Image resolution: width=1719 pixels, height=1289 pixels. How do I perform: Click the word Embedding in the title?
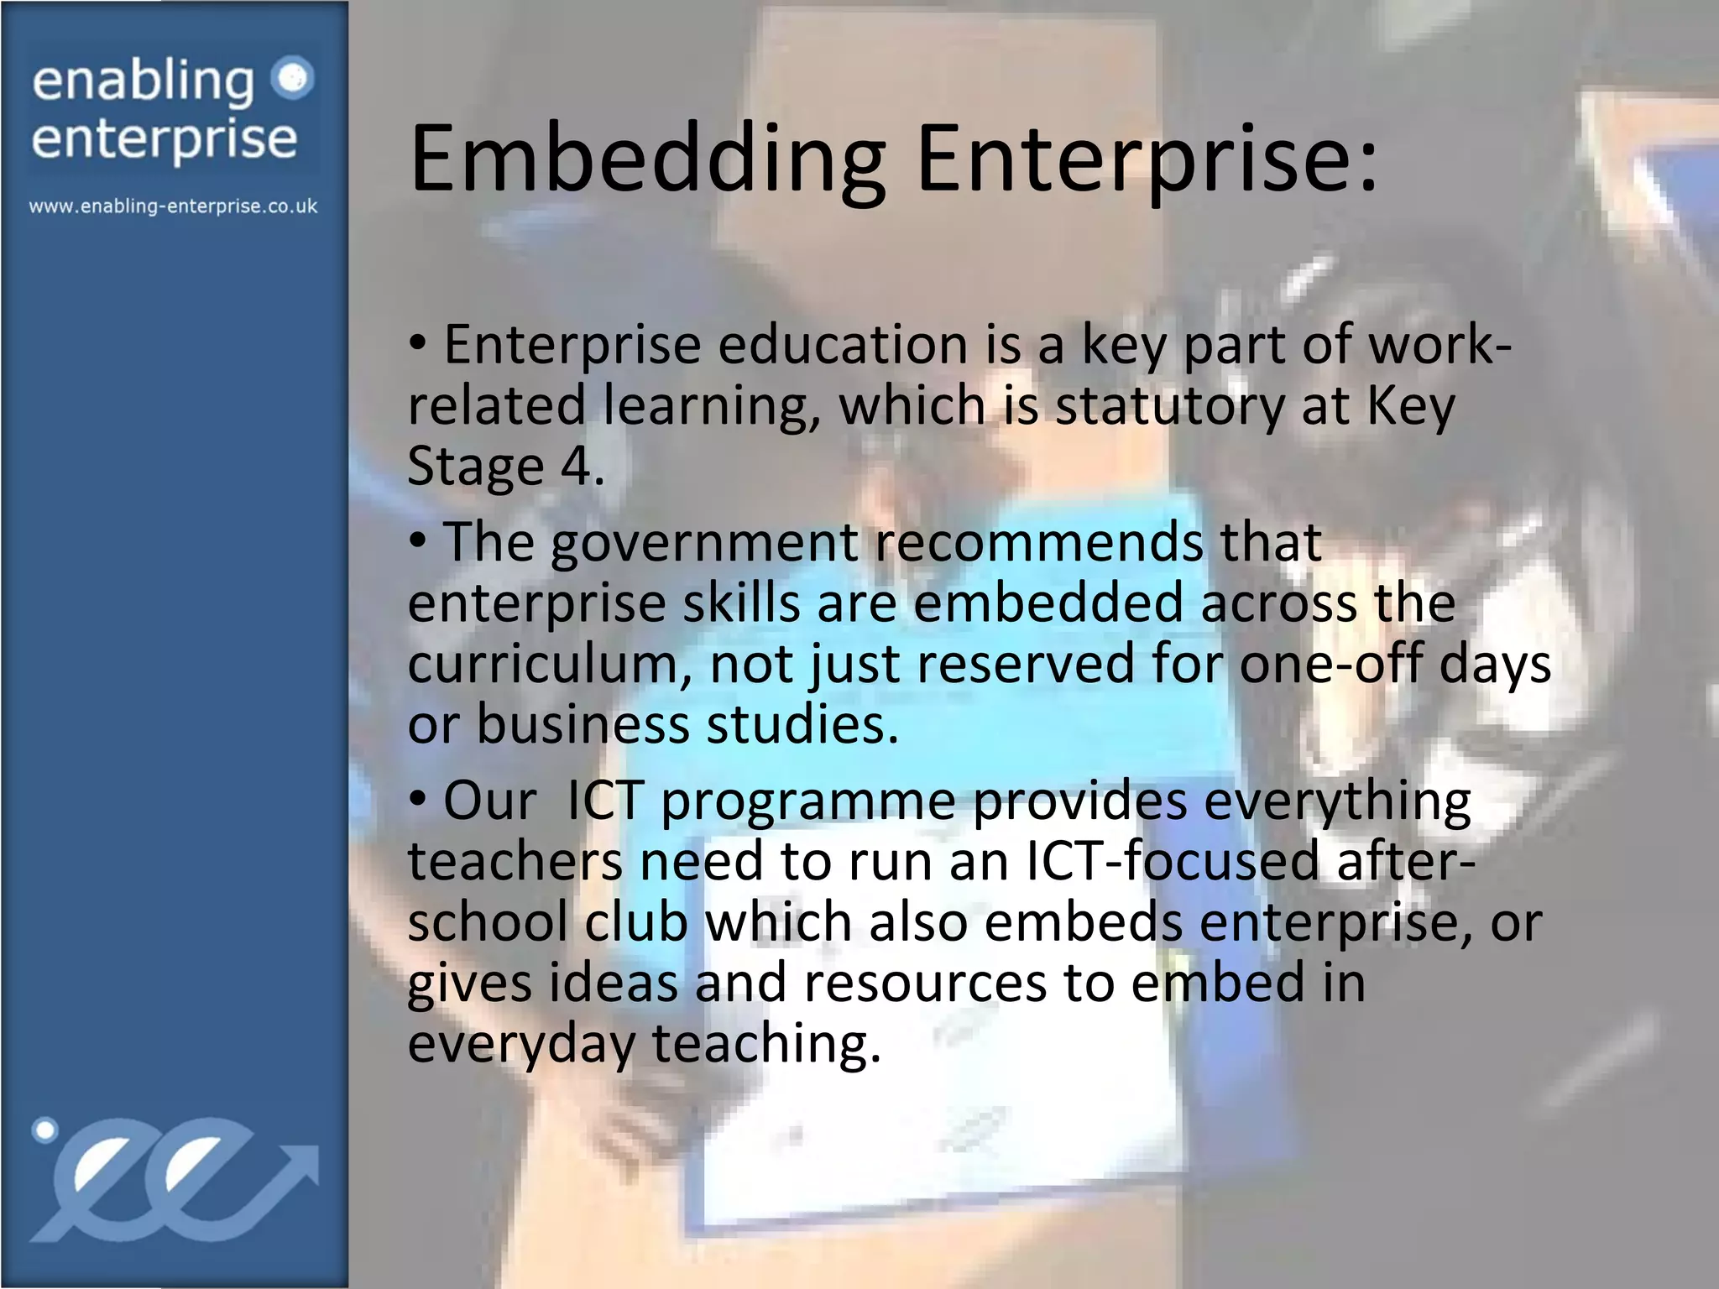coord(647,159)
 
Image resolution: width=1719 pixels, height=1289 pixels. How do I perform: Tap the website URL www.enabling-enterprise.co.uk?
coord(174,206)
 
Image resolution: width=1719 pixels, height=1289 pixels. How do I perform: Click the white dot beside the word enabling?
coord(293,79)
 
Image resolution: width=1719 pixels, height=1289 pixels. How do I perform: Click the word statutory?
coord(1169,406)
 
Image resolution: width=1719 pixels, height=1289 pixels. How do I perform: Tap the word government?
coord(704,542)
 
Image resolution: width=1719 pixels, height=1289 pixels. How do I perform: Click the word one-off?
coord(1330,664)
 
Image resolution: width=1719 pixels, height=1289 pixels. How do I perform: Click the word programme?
coord(807,801)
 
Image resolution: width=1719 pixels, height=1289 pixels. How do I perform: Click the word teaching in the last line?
coord(766,1044)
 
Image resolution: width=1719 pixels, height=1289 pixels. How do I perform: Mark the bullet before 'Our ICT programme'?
coord(418,800)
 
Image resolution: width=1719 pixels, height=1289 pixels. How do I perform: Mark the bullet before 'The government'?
coord(418,541)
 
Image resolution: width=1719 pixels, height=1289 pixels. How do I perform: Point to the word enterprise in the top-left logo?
coord(165,139)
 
